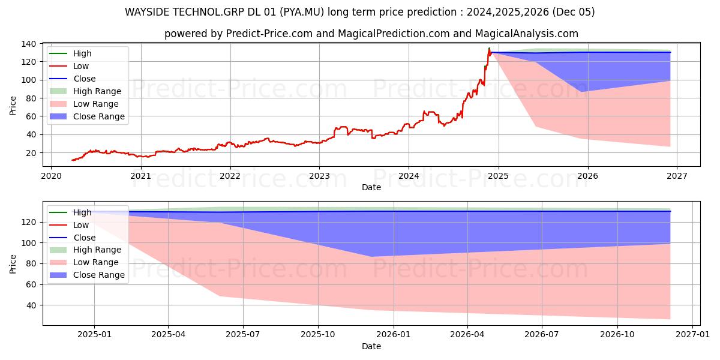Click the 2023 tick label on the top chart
[319, 176]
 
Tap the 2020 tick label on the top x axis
[51, 176]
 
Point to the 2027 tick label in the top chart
[677, 176]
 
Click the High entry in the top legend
[82, 53]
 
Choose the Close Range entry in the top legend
[99, 116]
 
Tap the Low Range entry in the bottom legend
[96, 262]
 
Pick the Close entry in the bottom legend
[84, 238]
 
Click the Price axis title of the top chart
[13, 106]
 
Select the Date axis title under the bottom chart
[371, 346]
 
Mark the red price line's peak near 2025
[489, 49]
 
